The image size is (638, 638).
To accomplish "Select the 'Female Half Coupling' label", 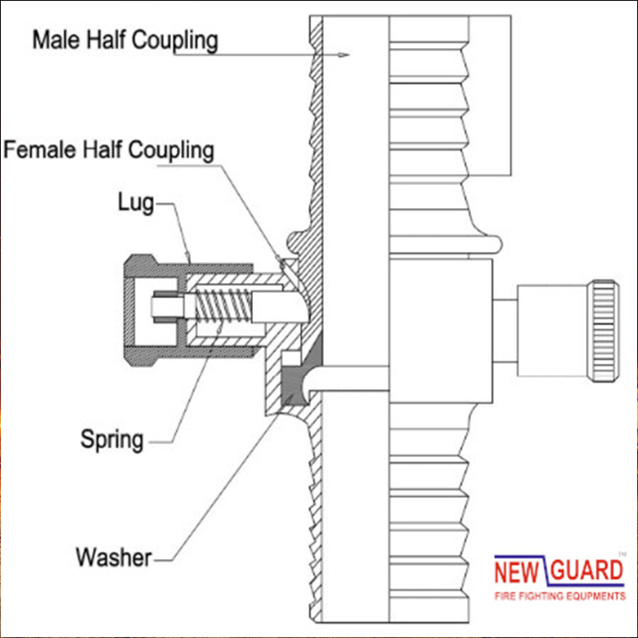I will pos(108,149).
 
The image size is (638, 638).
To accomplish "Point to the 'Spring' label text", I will pos(112,438).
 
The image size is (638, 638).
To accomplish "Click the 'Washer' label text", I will pos(113,557).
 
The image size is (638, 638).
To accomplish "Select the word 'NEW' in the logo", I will pos(519,571).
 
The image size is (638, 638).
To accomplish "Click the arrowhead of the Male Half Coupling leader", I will pos(344,55).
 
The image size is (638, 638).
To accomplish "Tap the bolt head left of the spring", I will pos(163,306).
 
